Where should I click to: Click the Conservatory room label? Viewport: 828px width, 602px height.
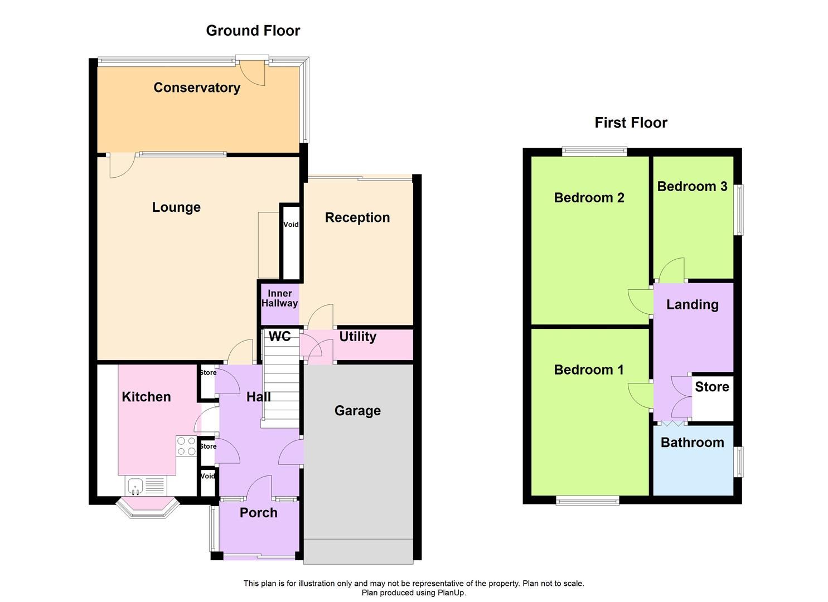(197, 88)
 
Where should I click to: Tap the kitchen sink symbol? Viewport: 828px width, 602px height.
(135, 487)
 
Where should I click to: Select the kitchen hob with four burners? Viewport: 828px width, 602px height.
(186, 446)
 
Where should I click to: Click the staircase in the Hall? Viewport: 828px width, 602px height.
(281, 385)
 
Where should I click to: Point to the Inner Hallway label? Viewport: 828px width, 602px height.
(279, 298)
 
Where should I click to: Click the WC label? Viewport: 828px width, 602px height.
(279, 336)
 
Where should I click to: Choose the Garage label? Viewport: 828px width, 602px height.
(357, 411)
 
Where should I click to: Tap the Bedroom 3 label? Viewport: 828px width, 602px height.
(692, 187)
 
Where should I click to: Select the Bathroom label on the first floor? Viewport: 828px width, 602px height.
(692, 443)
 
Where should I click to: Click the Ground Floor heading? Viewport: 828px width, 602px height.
(253, 31)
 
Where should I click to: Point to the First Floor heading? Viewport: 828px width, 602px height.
(631, 123)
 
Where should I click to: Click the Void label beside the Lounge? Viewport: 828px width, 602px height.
(291, 225)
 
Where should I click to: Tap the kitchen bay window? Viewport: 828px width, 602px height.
(147, 509)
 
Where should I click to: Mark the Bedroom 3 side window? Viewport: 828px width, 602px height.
(739, 210)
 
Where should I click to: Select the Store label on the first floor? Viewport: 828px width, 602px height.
(711, 387)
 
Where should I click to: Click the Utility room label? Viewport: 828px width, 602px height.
(357, 337)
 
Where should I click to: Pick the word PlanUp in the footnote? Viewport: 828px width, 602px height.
(452, 593)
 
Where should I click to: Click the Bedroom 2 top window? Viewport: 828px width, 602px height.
(594, 151)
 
